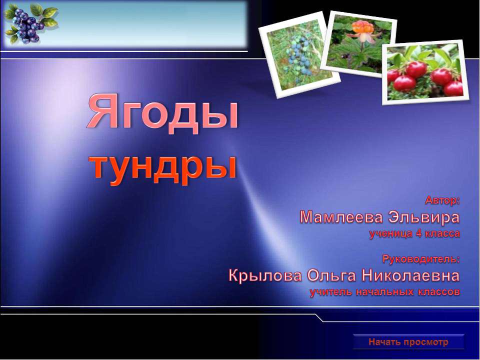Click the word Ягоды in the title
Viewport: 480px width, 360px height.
coord(163,111)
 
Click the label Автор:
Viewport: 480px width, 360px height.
coord(442,201)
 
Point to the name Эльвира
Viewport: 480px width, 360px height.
coord(428,217)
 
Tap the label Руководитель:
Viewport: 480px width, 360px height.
coord(421,259)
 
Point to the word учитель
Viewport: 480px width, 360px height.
coord(330,291)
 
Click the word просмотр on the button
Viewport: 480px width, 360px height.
coord(427,342)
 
